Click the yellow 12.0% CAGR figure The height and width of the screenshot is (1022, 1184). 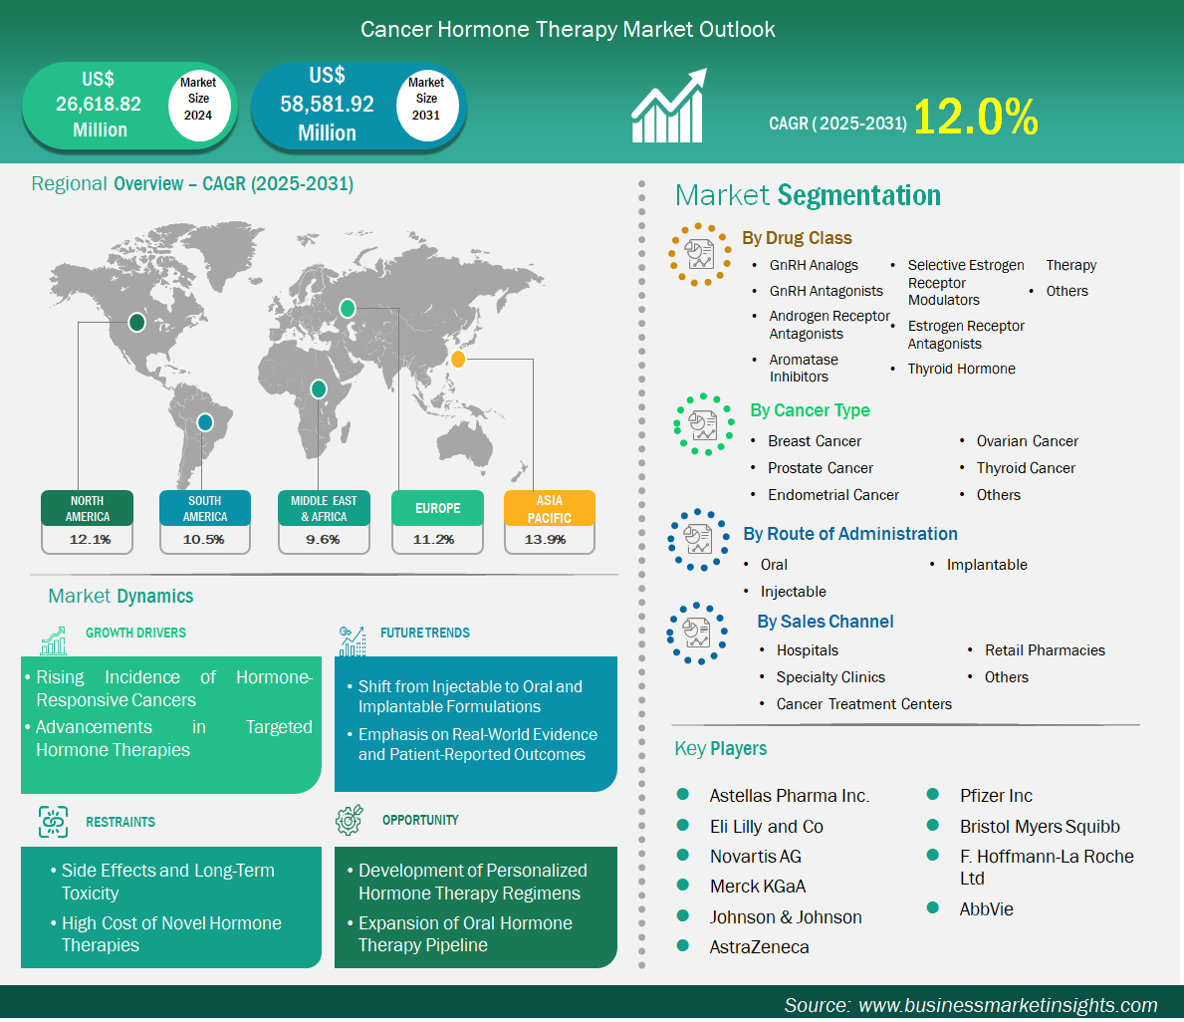(x=976, y=118)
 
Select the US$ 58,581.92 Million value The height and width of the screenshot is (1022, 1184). (x=327, y=105)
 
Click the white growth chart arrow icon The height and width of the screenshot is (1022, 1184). (x=669, y=106)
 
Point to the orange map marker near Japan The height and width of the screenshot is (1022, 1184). (x=458, y=360)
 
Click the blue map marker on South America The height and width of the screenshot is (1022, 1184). (x=204, y=422)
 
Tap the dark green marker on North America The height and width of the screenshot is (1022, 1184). (x=136, y=323)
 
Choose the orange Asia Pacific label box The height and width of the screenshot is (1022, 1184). (x=549, y=508)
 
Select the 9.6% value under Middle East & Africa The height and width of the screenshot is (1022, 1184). (x=323, y=539)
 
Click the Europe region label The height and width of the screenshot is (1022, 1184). (x=437, y=508)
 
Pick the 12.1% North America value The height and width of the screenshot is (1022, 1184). (x=90, y=539)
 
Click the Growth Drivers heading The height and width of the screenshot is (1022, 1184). (x=135, y=633)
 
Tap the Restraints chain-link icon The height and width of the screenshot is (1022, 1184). (x=54, y=822)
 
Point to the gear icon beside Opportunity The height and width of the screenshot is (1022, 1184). (x=349, y=820)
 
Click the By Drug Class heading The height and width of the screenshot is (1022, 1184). (x=797, y=238)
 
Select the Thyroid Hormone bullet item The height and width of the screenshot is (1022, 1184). (x=961, y=369)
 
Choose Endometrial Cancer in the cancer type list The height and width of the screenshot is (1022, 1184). (x=832, y=495)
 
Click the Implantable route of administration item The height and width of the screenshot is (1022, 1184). (x=987, y=565)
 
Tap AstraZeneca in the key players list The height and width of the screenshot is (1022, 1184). (x=759, y=947)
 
